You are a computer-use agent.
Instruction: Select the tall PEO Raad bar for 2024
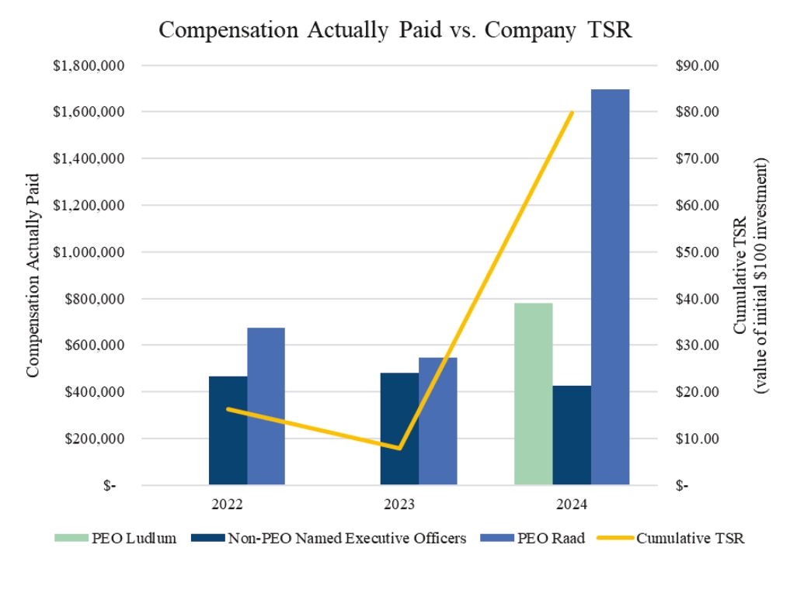click(610, 287)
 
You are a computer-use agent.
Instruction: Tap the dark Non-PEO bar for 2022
click(228, 431)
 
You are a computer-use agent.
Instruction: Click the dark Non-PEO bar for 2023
click(399, 429)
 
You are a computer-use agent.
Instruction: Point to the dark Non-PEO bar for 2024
click(572, 435)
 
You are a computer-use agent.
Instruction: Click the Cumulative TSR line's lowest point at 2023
click(400, 448)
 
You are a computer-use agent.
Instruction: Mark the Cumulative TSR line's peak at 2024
click(572, 113)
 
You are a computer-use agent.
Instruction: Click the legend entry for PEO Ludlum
click(116, 538)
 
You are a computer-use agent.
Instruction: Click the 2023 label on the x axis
click(400, 504)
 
